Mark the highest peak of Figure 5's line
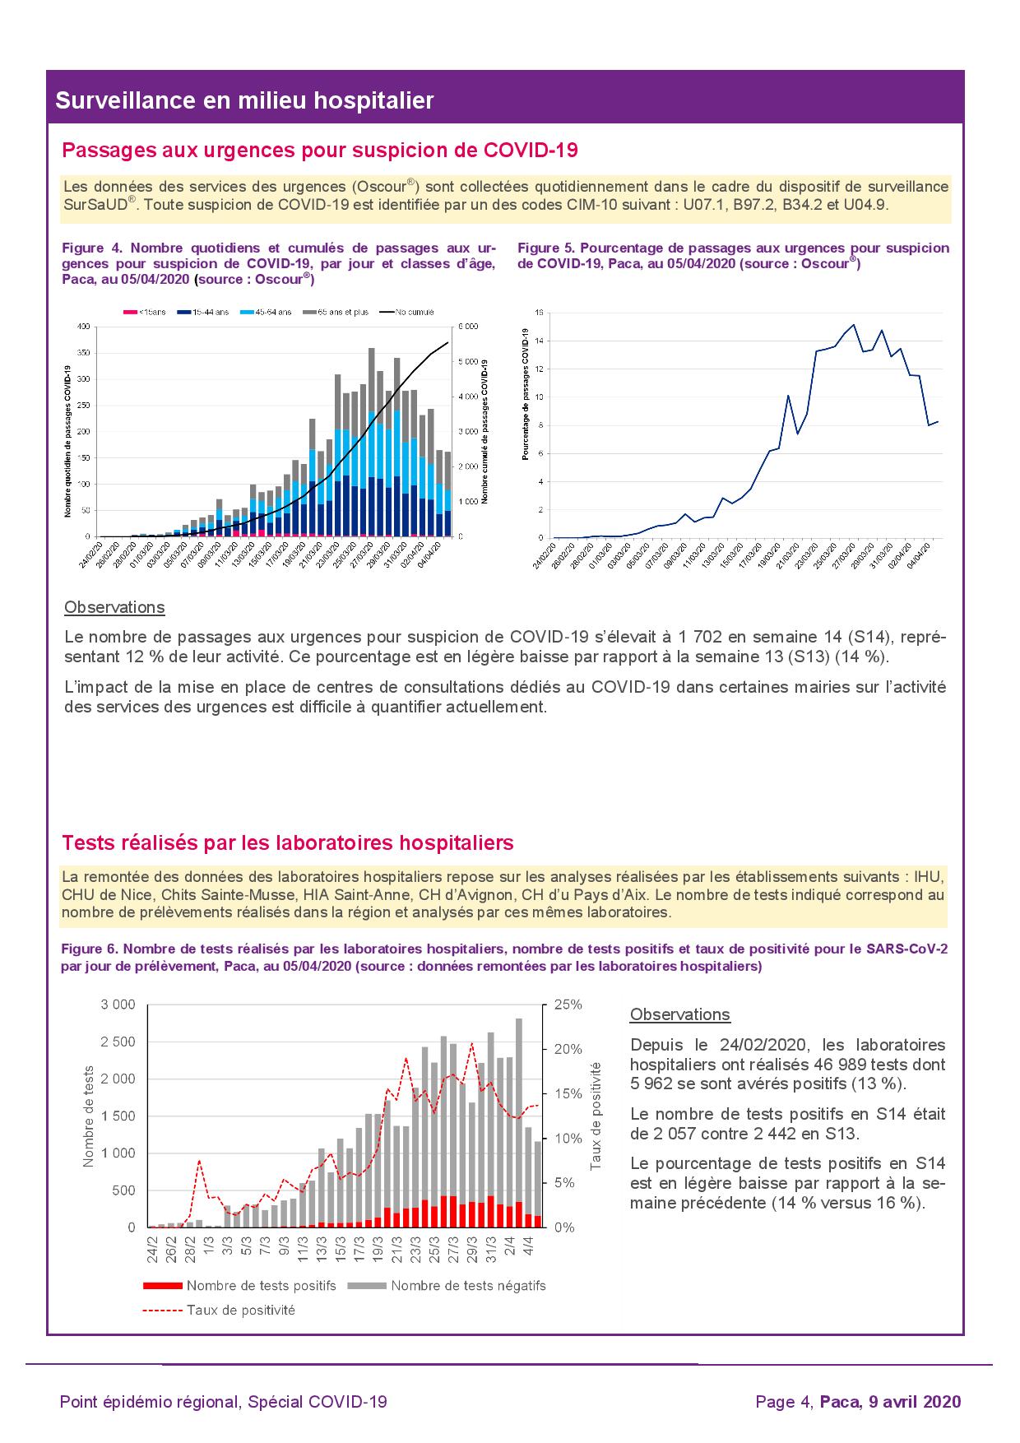point(854,325)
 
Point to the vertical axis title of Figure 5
point(524,393)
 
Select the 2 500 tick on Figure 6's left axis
point(118,1042)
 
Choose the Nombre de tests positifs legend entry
point(261,1285)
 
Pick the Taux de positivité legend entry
point(240,1310)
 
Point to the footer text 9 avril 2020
point(914,1402)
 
